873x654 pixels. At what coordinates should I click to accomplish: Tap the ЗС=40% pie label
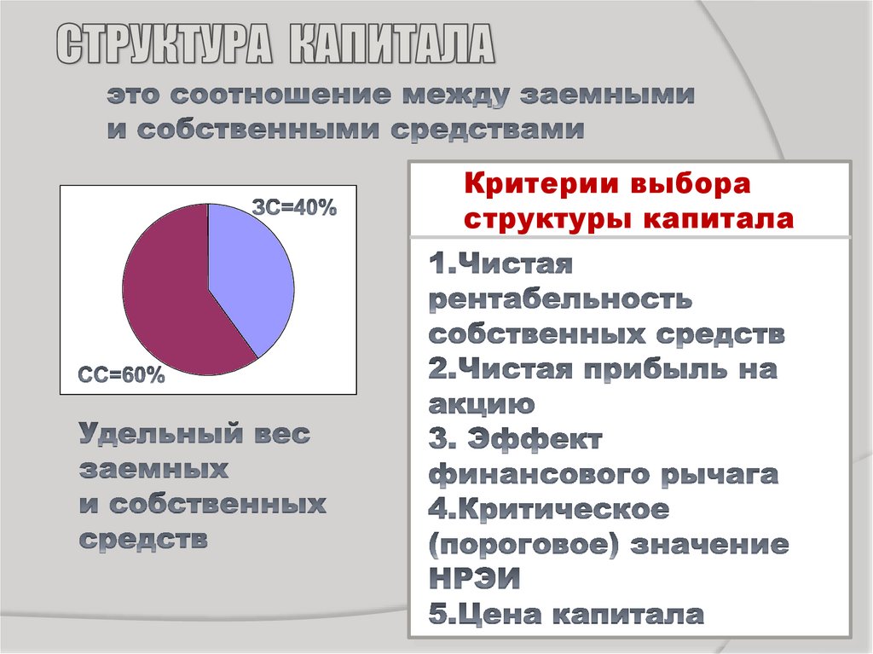coord(294,207)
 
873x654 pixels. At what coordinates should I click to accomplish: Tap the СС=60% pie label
coord(121,375)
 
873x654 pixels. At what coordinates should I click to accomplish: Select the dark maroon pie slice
coord(166,298)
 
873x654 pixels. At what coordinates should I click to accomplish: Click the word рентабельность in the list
coord(559,300)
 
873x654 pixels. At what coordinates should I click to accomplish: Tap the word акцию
coord(482,403)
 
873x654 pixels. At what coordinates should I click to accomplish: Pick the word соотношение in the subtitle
coord(277,95)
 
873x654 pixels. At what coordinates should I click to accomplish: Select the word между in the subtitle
coord(453,95)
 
